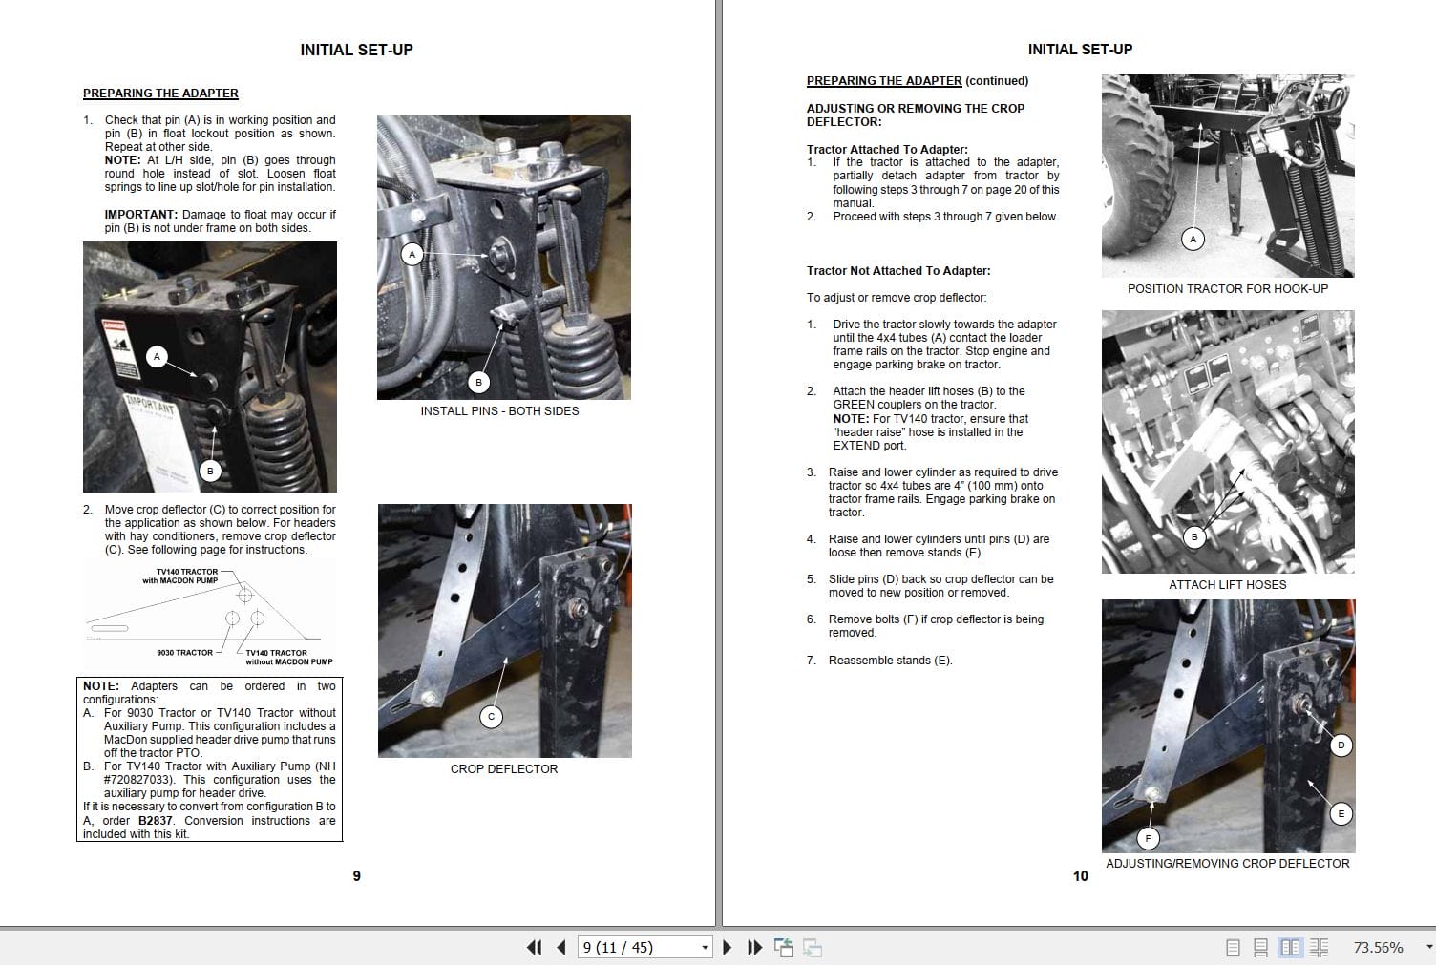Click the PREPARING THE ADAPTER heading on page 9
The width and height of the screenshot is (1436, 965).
(x=160, y=94)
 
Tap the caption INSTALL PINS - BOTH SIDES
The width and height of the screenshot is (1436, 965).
(x=499, y=411)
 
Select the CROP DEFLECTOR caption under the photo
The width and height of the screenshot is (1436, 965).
(x=503, y=769)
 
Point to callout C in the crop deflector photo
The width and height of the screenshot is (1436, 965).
(x=491, y=716)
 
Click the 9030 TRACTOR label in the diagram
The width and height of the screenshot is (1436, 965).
(x=184, y=653)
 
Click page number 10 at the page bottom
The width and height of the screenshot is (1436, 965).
(x=1080, y=876)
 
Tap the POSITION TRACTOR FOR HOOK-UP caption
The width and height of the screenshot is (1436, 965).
(x=1227, y=289)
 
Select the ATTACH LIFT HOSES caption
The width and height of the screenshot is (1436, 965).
(x=1227, y=585)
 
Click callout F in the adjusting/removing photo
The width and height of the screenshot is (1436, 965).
(x=1148, y=839)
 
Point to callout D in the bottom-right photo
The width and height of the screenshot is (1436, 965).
(x=1341, y=745)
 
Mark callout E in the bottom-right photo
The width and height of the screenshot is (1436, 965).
(x=1341, y=814)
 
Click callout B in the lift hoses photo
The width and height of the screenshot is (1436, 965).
(x=1193, y=537)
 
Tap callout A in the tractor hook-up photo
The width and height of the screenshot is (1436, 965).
(x=1193, y=240)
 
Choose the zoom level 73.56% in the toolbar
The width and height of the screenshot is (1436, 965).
(x=1378, y=948)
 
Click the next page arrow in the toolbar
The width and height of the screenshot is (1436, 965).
(x=728, y=947)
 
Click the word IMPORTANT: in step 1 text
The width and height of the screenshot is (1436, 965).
(x=140, y=215)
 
